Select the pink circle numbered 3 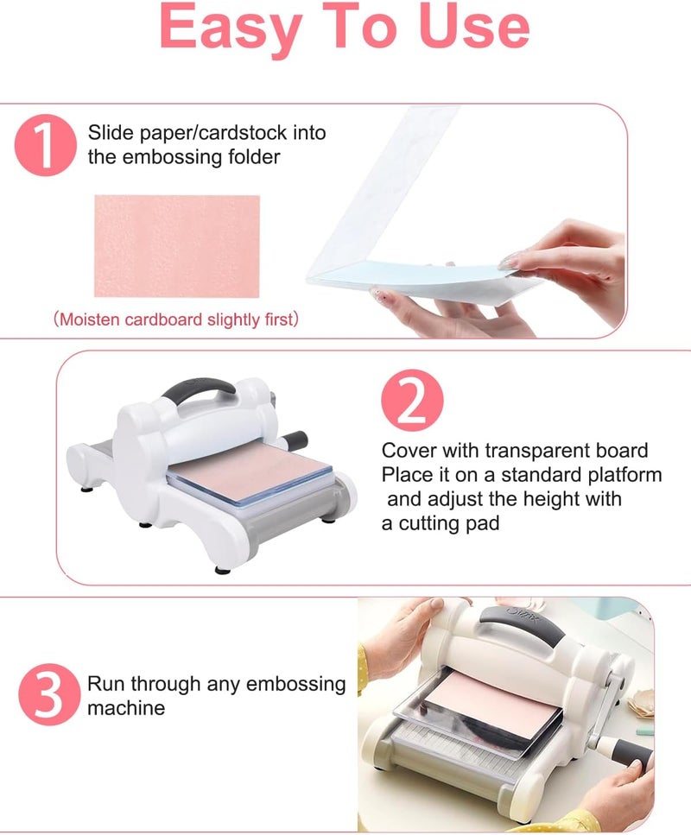48,696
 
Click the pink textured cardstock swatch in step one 176,245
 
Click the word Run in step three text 105,684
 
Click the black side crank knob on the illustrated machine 294,438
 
